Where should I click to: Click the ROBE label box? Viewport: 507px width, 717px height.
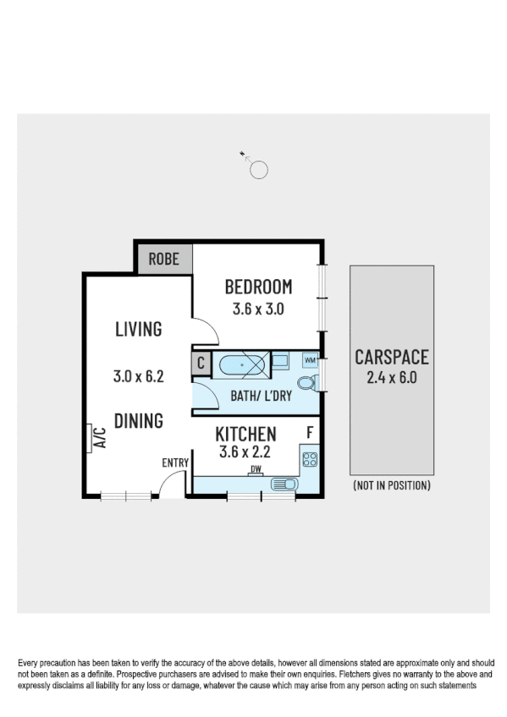pyautogui.click(x=164, y=259)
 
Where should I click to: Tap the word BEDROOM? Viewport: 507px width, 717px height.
pyautogui.click(x=258, y=287)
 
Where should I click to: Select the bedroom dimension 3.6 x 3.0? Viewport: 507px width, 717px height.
pyautogui.click(x=258, y=309)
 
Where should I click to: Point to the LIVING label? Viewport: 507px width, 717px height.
pyautogui.click(x=138, y=329)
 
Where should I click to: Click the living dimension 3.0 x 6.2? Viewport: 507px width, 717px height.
pyautogui.click(x=138, y=376)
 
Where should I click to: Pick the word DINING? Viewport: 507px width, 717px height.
pyautogui.click(x=138, y=420)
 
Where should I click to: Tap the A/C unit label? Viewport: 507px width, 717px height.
pyautogui.click(x=98, y=436)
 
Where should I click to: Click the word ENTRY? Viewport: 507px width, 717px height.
pyautogui.click(x=175, y=462)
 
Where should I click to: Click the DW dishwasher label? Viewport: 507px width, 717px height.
pyautogui.click(x=254, y=470)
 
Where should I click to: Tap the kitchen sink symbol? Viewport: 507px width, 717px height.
pyautogui.click(x=284, y=484)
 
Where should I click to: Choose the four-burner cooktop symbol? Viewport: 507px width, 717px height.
pyautogui.click(x=310, y=461)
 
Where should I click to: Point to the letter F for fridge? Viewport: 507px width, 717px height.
pyautogui.click(x=310, y=434)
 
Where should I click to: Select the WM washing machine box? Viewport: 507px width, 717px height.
pyautogui.click(x=310, y=361)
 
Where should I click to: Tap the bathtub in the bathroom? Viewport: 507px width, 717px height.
pyautogui.click(x=242, y=366)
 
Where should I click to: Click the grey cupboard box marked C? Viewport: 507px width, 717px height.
pyautogui.click(x=201, y=364)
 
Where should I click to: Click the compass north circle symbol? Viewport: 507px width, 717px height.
pyautogui.click(x=259, y=170)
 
